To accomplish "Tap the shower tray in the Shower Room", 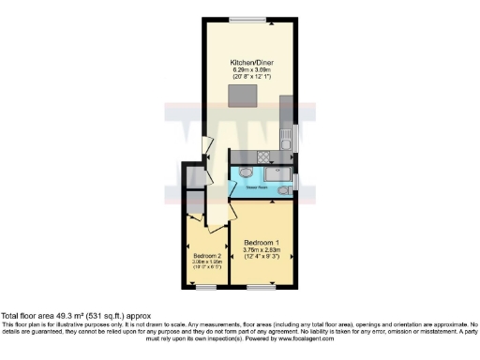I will pos(278,173).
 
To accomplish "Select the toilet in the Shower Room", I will pos(282,191).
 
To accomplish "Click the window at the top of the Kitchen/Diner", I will pos(248,19).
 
